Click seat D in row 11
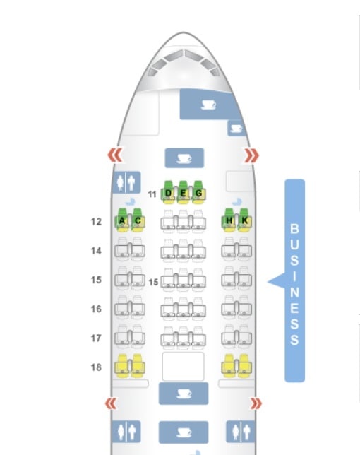[x=169, y=192]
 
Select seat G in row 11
[x=198, y=192]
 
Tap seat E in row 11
[x=184, y=192]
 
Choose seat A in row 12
[x=122, y=220]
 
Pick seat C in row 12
[x=138, y=220]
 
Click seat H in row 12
[x=229, y=220]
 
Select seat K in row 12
[x=244, y=220]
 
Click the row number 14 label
[x=96, y=251]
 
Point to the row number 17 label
[x=96, y=338]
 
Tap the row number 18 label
[x=96, y=367]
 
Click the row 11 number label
[x=152, y=194]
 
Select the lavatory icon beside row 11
[x=126, y=182]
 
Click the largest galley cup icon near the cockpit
[x=209, y=105]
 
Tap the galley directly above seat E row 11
[x=184, y=158]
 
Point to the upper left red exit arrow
[x=115, y=155]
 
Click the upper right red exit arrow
[x=252, y=155]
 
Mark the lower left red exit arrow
[x=111, y=403]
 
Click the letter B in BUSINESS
[x=294, y=229]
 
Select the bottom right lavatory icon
[x=241, y=432]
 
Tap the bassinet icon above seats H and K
[x=236, y=201]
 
